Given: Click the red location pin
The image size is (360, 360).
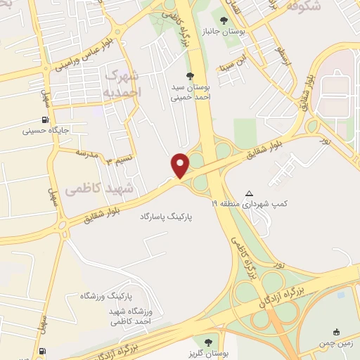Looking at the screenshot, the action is (181, 165).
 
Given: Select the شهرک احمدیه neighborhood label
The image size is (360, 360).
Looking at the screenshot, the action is (127, 84).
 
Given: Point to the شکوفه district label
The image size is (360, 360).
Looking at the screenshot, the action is (304, 8).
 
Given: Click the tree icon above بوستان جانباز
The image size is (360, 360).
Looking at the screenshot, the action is (224, 20).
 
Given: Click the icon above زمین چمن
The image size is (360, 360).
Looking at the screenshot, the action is (337, 332).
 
